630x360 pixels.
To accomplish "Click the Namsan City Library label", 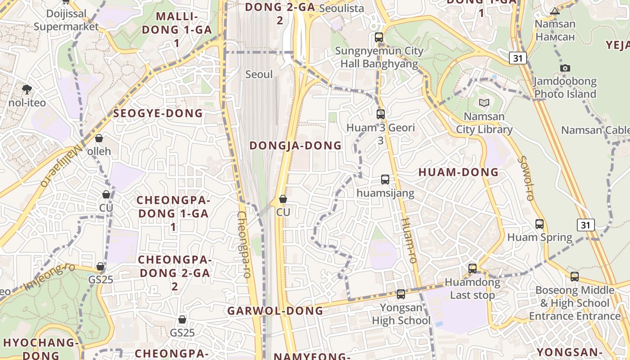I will click(x=484, y=123).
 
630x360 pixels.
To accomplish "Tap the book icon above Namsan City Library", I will click(x=484, y=103).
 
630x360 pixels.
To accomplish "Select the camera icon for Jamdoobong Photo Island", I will click(x=565, y=68).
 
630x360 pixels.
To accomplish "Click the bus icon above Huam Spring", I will click(x=540, y=224).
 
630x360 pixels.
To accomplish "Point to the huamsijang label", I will click(x=385, y=193).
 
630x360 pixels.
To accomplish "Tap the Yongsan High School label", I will click(x=401, y=314).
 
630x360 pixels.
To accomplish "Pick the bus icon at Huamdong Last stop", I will click(x=472, y=269).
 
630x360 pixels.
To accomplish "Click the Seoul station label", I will click(x=259, y=74).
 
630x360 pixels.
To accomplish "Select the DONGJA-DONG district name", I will click(x=296, y=145).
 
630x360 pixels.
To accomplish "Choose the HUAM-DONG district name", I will click(x=459, y=172).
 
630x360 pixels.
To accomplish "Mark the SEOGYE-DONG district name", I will click(x=158, y=113).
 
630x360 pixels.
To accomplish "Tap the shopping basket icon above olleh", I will click(x=99, y=138).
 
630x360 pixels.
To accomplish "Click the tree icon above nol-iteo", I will click(x=27, y=89).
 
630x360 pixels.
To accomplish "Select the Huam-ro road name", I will click(x=409, y=240).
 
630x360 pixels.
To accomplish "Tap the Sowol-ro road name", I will click(x=526, y=178).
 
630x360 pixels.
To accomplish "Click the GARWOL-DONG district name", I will click(x=275, y=310).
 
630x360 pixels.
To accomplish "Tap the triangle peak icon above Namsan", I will click(x=555, y=11).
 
